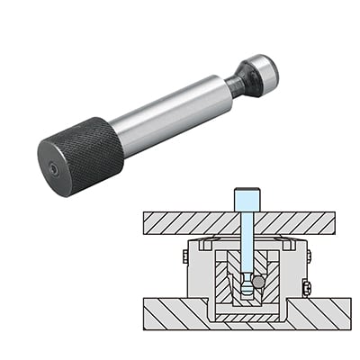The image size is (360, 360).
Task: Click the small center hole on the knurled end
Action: [x=55, y=168]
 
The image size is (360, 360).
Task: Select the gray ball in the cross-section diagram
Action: [x=259, y=282]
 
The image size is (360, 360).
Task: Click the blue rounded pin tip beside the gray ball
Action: [x=245, y=286]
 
